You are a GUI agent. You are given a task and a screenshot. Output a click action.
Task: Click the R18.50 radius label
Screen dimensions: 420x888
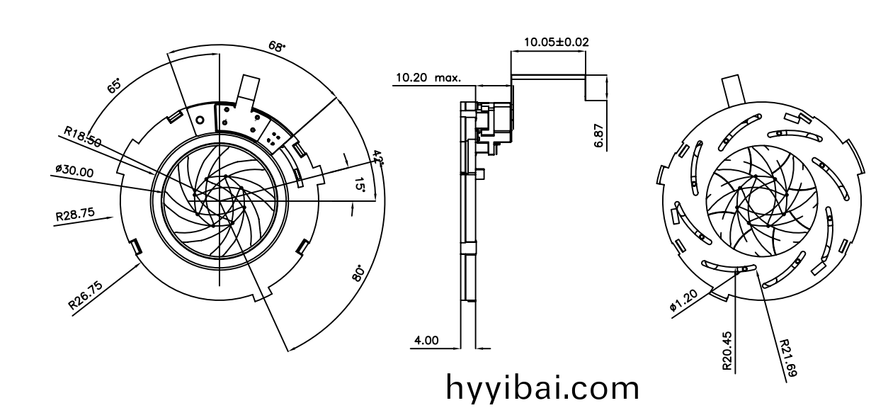[x=82, y=136]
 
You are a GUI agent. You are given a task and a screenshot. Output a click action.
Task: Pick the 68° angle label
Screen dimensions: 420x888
[x=277, y=47]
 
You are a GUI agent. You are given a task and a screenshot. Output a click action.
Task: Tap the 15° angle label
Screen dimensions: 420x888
[x=360, y=186]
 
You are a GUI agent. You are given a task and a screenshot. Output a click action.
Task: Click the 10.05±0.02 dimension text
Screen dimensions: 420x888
[x=556, y=42]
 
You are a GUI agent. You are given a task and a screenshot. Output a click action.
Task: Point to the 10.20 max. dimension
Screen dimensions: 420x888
[x=428, y=78]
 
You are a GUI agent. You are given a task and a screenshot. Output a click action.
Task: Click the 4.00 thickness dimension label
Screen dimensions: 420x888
[x=426, y=340]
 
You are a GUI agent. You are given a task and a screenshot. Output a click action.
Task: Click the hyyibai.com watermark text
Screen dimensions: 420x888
[x=542, y=388]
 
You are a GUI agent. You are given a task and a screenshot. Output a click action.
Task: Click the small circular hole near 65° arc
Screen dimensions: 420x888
[x=200, y=120]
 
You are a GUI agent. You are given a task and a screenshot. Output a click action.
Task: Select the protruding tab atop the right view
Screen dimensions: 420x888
[x=734, y=91]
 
